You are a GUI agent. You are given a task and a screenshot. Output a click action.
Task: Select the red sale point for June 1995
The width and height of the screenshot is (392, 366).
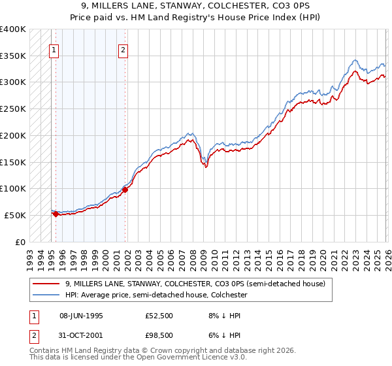(x=56, y=214)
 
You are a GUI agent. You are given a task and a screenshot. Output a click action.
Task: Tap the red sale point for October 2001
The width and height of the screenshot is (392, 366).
(x=125, y=190)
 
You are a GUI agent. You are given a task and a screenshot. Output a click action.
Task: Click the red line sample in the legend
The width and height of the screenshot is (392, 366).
(x=47, y=284)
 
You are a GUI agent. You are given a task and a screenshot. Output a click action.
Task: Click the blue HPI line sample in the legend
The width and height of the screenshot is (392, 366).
(x=47, y=295)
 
